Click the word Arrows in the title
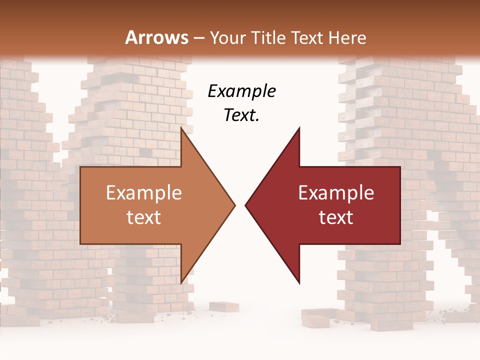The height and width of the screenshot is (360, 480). pyautogui.click(x=156, y=37)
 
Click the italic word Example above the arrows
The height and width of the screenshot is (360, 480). pyautogui.click(x=241, y=91)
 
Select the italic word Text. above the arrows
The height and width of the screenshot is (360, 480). pyautogui.click(x=241, y=115)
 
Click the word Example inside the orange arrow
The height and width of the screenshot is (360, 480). pyautogui.click(x=143, y=193)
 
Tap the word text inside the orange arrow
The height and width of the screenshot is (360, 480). pyautogui.click(x=143, y=217)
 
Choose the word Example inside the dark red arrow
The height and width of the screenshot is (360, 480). pyautogui.click(x=336, y=193)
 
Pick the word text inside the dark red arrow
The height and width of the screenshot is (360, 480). pyautogui.click(x=336, y=217)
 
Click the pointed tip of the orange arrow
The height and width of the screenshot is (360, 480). pyautogui.click(x=235, y=204)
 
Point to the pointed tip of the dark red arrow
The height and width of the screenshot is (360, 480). pyautogui.click(x=245, y=204)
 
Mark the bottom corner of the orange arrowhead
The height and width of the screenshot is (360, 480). pyautogui.click(x=181, y=283)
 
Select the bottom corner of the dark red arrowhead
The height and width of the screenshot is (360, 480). pyautogui.click(x=299, y=283)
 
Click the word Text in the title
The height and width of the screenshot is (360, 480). pyautogui.click(x=310, y=37)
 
